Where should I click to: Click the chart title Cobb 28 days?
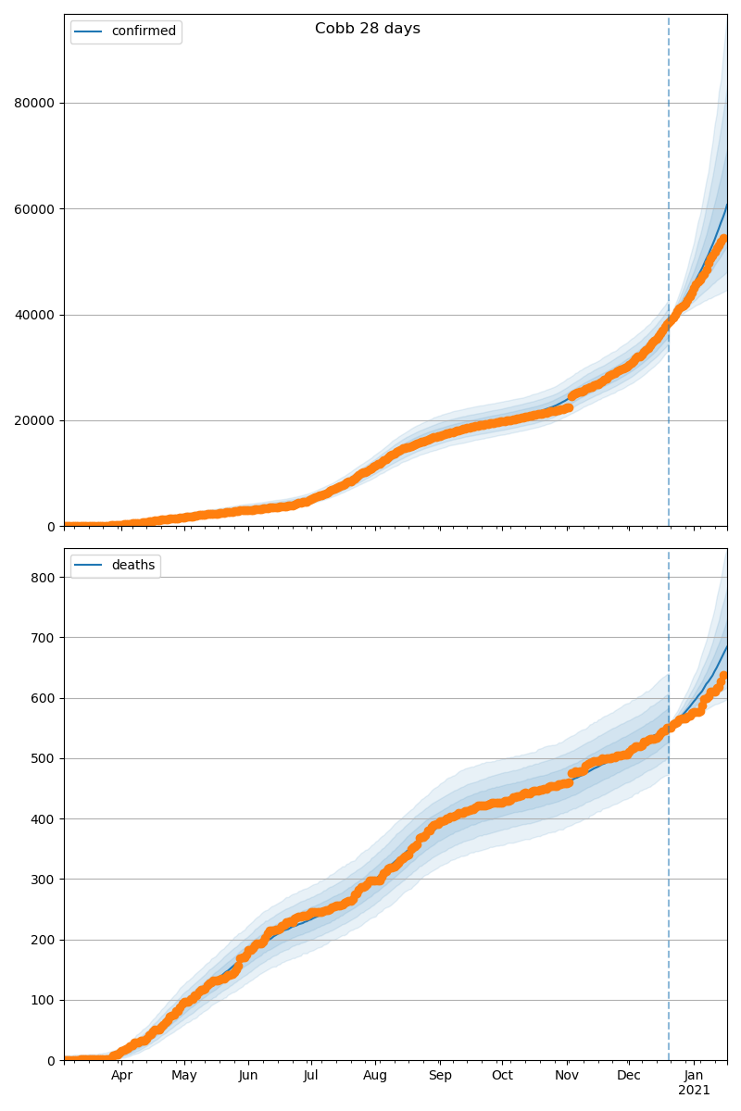[367, 29]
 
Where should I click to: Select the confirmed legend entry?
[143, 31]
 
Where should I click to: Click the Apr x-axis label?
[121, 1076]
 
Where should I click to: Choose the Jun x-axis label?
[247, 1076]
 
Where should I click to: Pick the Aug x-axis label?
[375, 1076]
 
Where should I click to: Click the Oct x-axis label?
[501, 1076]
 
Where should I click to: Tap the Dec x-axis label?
[629, 1076]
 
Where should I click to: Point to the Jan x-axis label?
[694, 1076]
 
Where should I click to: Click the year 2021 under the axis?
[694, 1091]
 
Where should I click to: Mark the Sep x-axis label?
[440, 1076]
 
